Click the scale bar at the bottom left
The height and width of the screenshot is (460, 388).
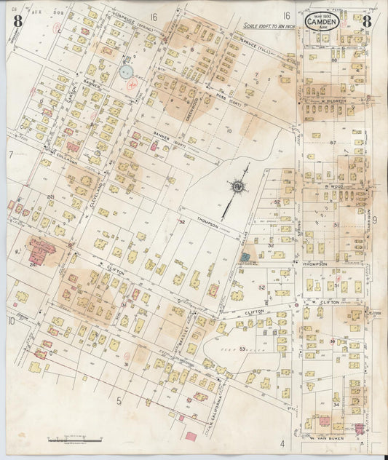(x=72, y=440)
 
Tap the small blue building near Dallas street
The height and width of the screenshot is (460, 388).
(x=246, y=257)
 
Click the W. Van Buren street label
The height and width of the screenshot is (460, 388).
(x=322, y=438)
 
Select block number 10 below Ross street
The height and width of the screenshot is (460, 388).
(x=229, y=130)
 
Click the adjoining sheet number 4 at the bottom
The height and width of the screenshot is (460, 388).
(x=280, y=442)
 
